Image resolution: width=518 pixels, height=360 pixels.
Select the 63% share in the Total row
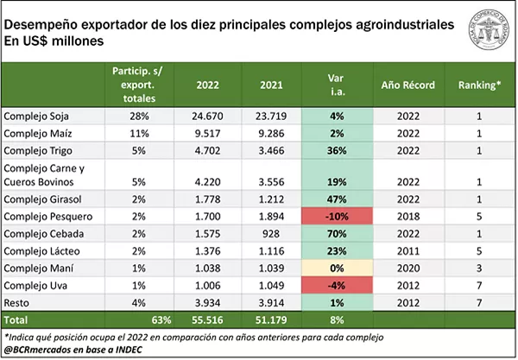(x=155, y=319)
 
